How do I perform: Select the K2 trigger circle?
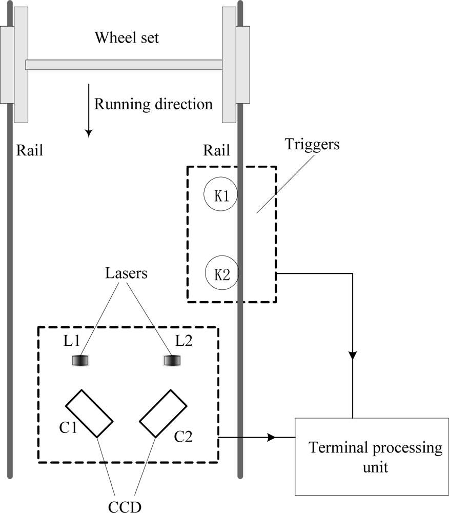click(221, 273)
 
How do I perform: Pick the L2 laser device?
click(173, 361)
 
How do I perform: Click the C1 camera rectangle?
click(89, 413)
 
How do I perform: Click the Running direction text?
click(153, 104)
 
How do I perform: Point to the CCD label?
click(125, 505)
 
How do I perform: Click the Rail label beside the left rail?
click(30, 150)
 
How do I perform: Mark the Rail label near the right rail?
click(216, 150)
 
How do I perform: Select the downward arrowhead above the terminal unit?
click(353, 355)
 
